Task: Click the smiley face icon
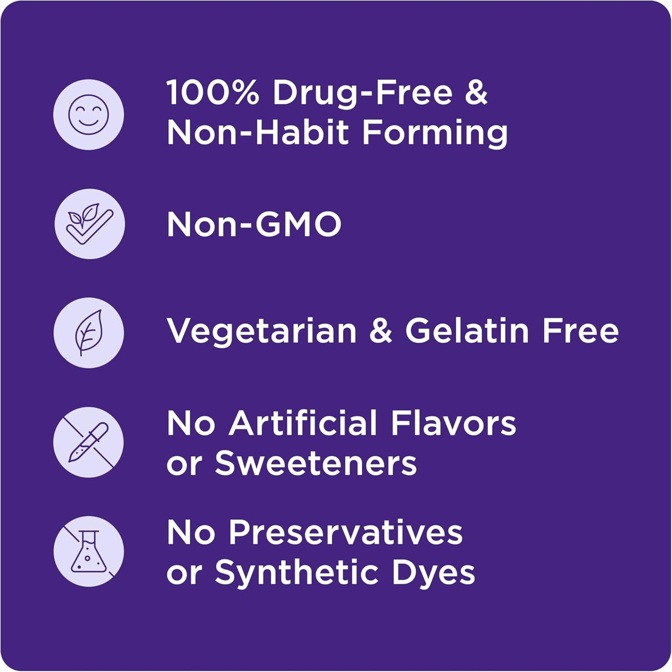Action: tap(89, 115)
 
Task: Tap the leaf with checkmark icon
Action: tap(90, 224)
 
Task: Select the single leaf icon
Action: tap(89, 333)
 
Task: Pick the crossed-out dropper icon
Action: tap(89, 442)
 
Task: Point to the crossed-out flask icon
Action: tap(89, 552)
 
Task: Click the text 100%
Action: tap(213, 93)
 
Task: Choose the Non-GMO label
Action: tap(254, 224)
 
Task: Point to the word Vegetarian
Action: tap(261, 333)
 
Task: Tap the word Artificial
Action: tap(303, 423)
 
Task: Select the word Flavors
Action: tap(454, 423)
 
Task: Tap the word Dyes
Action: tap(434, 574)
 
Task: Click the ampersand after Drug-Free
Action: tap(477, 93)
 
